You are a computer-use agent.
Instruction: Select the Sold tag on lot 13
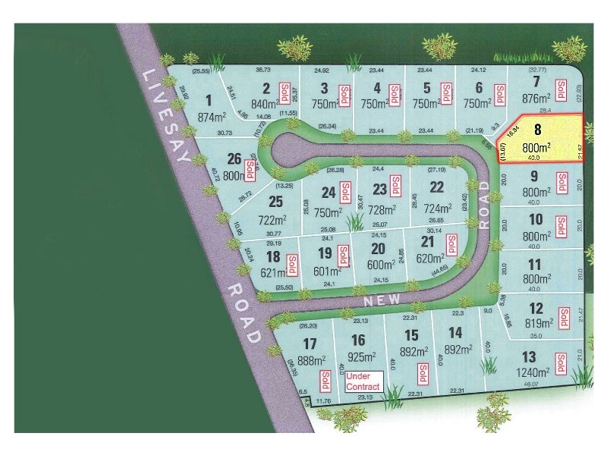point(561,364)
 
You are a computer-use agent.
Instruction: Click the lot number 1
point(208,98)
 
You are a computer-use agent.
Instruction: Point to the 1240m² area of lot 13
point(534,372)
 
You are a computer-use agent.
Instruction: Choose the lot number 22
point(436,187)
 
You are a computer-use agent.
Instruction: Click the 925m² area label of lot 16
point(360,356)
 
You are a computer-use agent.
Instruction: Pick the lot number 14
point(455,332)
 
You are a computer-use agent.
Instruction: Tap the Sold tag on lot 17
point(325,379)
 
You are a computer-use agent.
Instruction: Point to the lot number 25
point(275,201)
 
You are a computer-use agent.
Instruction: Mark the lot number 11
point(535,264)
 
